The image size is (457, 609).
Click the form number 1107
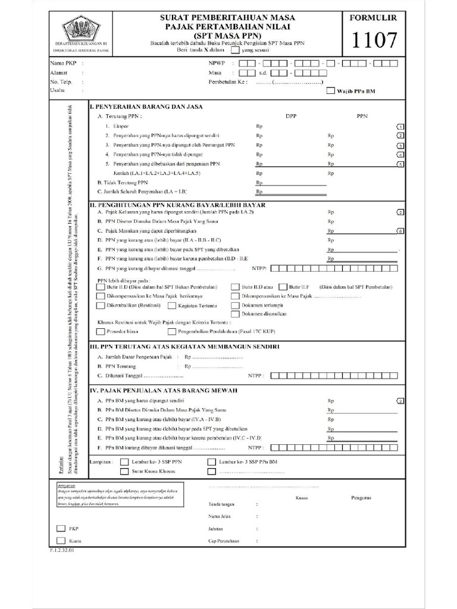coord(374,40)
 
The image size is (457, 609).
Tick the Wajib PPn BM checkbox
coord(331,92)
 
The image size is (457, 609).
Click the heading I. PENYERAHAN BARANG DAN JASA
coord(146,107)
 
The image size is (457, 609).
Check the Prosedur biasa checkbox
coord(101,331)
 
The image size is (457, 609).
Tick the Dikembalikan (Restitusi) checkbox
coord(101,306)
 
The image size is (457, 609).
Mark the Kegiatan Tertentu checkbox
coord(171,306)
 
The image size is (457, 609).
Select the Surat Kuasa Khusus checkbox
coord(124,471)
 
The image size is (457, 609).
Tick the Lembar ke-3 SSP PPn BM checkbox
coord(211,462)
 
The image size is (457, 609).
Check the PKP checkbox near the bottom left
coord(60,528)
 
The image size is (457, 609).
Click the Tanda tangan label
coord(220,504)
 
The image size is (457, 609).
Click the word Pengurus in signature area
coord(361,498)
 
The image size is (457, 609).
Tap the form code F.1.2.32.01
coord(62,551)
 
